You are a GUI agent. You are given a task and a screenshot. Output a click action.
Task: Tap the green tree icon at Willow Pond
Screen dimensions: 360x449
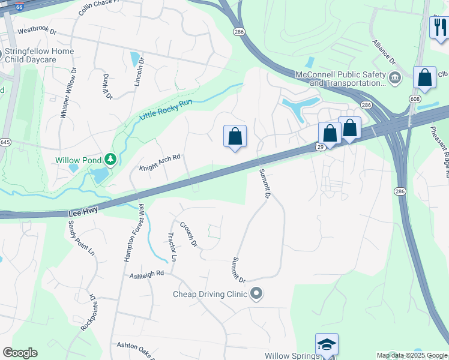point(110,160)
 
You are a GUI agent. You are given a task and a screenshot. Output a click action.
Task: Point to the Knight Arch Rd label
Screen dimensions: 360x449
point(160,163)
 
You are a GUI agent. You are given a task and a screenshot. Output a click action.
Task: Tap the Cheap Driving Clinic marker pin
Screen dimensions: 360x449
point(257,294)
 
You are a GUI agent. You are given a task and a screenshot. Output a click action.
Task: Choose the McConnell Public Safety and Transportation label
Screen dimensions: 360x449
point(340,79)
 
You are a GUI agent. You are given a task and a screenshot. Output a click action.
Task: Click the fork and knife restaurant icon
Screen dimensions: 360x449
point(439,26)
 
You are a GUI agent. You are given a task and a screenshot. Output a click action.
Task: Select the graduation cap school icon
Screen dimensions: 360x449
point(327,344)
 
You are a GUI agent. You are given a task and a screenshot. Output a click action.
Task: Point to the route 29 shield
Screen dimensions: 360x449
point(321,146)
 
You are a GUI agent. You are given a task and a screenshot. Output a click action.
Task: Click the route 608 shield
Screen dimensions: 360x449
point(415,98)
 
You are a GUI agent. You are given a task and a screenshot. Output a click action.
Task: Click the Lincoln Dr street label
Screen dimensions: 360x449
point(140,73)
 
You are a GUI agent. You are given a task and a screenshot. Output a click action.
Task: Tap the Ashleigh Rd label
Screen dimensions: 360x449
point(147,274)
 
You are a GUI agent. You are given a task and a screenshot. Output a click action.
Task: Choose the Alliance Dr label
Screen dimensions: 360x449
point(384,53)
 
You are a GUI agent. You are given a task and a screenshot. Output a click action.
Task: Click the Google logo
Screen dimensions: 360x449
point(20,353)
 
